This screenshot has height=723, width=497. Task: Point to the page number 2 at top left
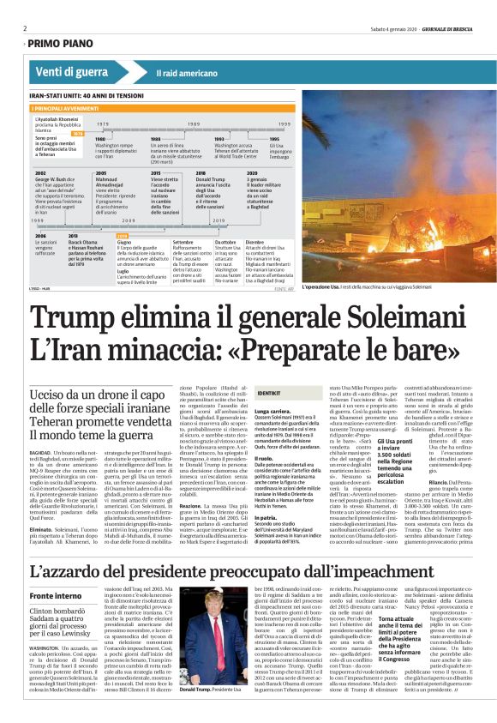pos(25,28)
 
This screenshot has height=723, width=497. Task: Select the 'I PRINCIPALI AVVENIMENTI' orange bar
pos(68,109)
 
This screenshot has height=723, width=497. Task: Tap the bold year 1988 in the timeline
pos(155,138)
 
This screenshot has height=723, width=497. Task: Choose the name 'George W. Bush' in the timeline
pos(51,178)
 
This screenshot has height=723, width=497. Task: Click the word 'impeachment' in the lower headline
pos(385,571)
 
